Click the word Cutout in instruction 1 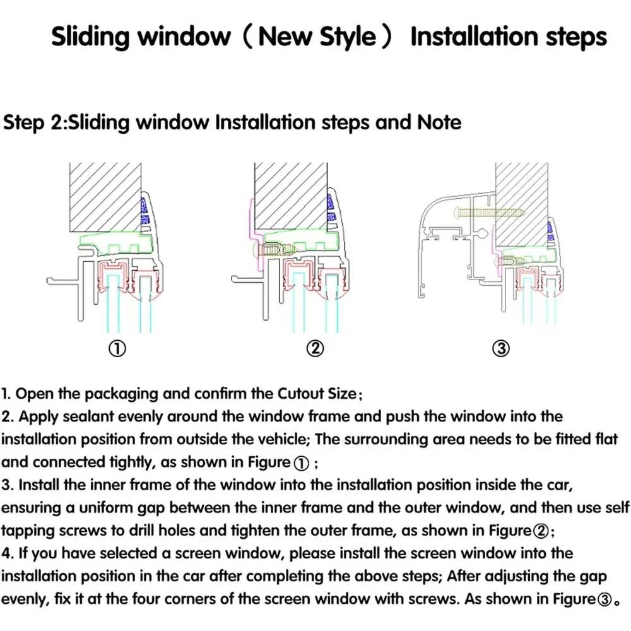[300, 394]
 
